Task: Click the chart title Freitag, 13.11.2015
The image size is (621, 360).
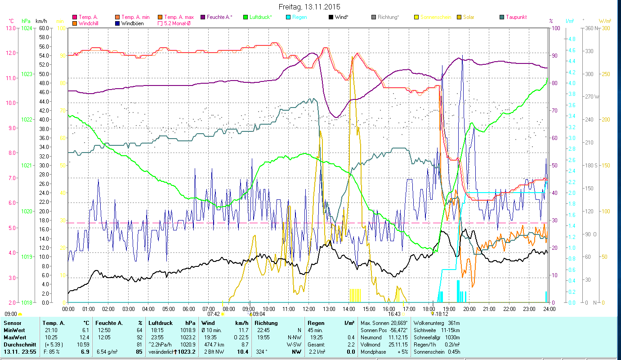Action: [x=309, y=7]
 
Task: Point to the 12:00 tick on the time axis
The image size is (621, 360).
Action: [x=309, y=309]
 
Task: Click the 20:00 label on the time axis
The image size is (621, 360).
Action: [x=469, y=309]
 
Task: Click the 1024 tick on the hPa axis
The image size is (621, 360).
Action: [x=27, y=28]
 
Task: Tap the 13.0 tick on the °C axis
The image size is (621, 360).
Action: [x=10, y=28]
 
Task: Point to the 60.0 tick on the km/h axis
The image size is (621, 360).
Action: [x=44, y=28]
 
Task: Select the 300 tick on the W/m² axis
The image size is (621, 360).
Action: [x=605, y=28]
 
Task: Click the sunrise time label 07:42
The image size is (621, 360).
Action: [x=214, y=314]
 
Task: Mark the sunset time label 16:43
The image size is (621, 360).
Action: [x=394, y=314]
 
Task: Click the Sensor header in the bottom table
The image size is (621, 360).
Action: [x=12, y=323]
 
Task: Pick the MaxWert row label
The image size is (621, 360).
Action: [x=15, y=337]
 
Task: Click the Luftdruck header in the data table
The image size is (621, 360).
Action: [x=161, y=323]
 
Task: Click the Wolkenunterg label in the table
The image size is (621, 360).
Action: [x=429, y=323]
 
